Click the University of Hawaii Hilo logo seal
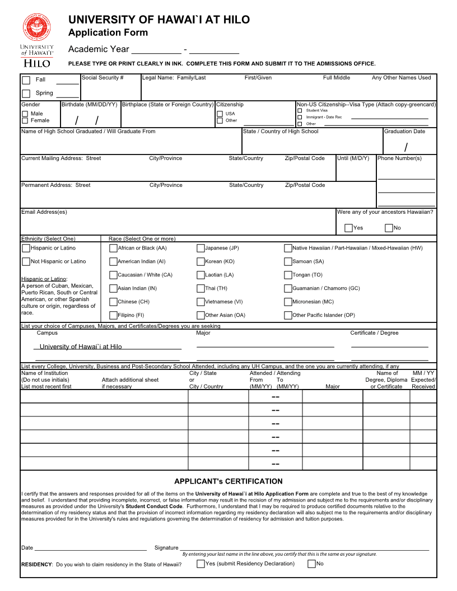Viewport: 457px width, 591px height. point(37,27)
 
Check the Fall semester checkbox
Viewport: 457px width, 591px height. point(26,80)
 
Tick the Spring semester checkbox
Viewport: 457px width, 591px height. point(26,94)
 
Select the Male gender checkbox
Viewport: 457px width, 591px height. point(25,114)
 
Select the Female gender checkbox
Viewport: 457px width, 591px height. point(25,121)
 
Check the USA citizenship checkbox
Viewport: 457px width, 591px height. point(220,114)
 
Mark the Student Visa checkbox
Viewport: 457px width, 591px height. point(300,111)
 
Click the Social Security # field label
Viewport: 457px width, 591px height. point(102,78)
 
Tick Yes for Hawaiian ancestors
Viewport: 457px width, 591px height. point(348,228)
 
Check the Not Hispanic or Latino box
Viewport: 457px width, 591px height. point(26,261)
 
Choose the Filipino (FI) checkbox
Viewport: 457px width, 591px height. point(113,315)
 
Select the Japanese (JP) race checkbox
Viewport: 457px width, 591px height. point(200,248)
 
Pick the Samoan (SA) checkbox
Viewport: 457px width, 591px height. point(288,261)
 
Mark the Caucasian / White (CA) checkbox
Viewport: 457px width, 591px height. point(113,275)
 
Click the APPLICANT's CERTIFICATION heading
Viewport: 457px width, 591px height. point(228,481)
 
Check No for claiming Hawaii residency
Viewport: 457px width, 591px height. point(311,564)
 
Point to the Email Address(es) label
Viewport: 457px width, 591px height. point(44,212)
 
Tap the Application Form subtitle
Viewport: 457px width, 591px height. point(108,32)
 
